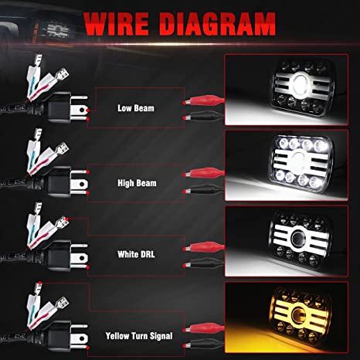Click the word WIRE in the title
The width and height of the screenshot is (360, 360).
[x=117, y=23]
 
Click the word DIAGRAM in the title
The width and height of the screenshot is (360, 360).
[x=218, y=23]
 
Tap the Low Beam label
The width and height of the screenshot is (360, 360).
[x=136, y=108]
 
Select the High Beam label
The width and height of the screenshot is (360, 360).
[x=137, y=183]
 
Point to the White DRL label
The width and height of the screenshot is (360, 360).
[x=136, y=254]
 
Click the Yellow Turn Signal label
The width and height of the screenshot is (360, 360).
[x=139, y=336]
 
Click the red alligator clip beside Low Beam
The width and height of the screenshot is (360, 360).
[x=203, y=100]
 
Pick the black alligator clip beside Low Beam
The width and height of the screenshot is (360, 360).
[x=203, y=117]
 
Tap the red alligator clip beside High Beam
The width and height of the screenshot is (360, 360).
[x=203, y=173]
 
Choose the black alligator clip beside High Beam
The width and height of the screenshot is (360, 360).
[x=203, y=190]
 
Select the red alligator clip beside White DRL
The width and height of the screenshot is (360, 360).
[x=203, y=247]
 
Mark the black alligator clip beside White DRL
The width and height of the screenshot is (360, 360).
[x=203, y=263]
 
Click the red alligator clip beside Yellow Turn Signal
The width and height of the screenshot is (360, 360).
[x=203, y=328]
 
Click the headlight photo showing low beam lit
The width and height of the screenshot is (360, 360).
[x=287, y=90]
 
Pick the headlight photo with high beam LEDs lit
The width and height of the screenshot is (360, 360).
[x=287, y=165]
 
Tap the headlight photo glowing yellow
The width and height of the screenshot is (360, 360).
[x=287, y=318]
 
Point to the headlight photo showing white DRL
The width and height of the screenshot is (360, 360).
[x=287, y=241]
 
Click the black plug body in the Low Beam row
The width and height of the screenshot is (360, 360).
[x=59, y=107]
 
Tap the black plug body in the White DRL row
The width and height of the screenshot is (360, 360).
[x=59, y=256]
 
